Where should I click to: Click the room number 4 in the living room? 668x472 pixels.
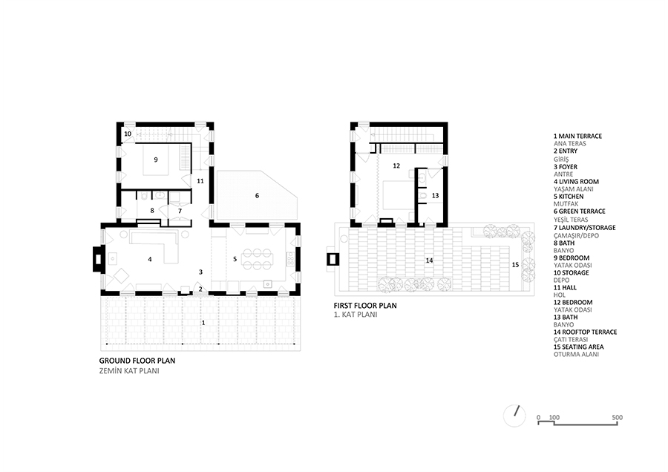150,259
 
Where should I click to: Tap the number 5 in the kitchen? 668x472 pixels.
235,258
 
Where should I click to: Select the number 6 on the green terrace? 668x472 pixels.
257,195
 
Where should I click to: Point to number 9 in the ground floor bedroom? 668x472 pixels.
156,160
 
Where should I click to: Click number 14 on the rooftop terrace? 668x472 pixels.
430,260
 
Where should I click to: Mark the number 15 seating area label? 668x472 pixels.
516,264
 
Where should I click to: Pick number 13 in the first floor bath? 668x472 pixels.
435,195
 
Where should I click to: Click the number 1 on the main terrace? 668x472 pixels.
203,323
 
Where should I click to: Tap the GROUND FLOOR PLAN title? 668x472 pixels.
137,361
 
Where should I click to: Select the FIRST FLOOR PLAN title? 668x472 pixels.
365,306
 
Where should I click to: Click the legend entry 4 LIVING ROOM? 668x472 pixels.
576,182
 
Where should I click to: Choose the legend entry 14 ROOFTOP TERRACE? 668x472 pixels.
586,332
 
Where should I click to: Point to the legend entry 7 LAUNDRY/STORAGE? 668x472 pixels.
585,228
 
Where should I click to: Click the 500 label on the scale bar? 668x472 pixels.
618,418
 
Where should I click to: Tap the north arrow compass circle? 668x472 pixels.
514,416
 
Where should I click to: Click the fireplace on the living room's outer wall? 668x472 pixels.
97,258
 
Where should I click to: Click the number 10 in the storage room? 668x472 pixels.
128,134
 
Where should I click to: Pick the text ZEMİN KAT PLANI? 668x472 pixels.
129,371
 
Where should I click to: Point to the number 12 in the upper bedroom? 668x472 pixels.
396,165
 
